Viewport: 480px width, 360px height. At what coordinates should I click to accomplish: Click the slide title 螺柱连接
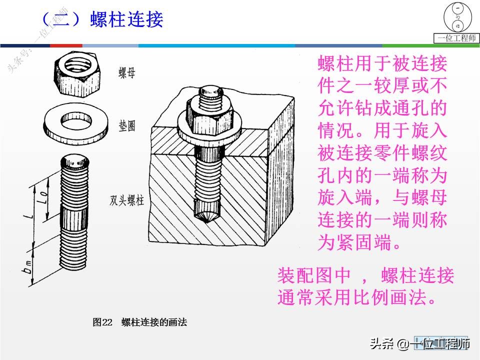click(127, 19)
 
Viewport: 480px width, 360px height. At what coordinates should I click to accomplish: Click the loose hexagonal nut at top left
click(78, 69)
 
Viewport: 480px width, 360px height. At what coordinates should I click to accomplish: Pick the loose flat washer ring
click(74, 121)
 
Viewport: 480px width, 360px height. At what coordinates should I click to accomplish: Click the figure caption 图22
click(103, 322)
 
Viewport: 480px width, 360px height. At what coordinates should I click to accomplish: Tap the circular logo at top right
click(457, 17)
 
